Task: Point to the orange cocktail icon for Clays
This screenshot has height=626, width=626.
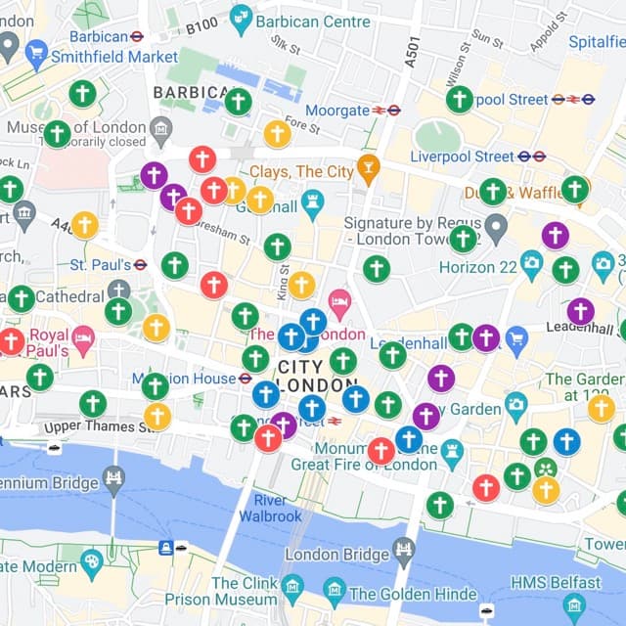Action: pyautogui.click(x=368, y=165)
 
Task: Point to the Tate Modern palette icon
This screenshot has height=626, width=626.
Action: pyautogui.click(x=92, y=561)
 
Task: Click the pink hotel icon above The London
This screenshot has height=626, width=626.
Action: pyautogui.click(x=339, y=299)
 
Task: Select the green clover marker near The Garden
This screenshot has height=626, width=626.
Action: pyautogui.click(x=545, y=468)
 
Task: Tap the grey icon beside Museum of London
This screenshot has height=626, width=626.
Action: pyautogui.click(x=161, y=127)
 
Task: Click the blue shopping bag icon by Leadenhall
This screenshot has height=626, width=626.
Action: pyautogui.click(x=516, y=338)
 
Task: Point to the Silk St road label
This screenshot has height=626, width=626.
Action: pyautogui.click(x=287, y=45)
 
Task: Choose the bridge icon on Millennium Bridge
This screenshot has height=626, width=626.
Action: pyautogui.click(x=114, y=477)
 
